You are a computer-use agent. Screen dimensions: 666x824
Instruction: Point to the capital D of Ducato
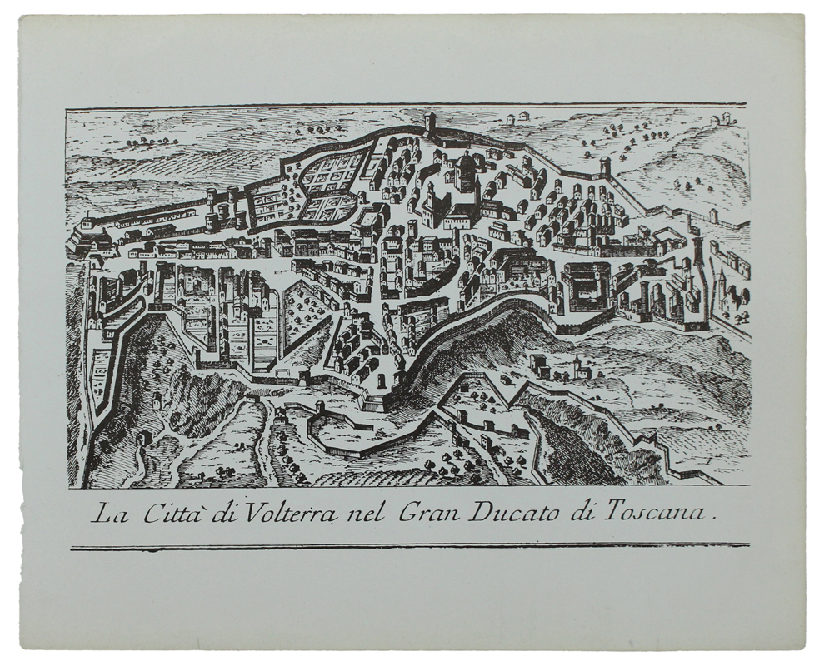pyautogui.click(x=478, y=513)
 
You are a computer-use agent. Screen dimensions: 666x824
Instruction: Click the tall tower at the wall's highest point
pyautogui.click(x=430, y=122)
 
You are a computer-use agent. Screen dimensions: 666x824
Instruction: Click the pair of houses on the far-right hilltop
pyautogui.click(x=719, y=119)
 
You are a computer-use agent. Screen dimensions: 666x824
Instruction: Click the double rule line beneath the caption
pyautogui.click(x=409, y=547)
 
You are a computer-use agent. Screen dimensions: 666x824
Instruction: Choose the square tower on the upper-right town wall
pyautogui.click(x=606, y=166)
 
